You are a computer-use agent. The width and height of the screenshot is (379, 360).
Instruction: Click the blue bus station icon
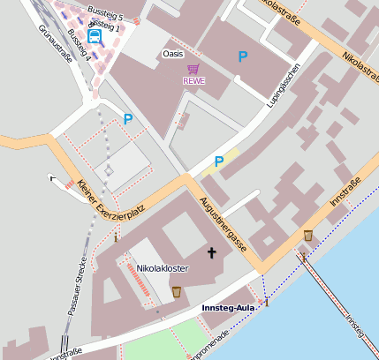(95, 36)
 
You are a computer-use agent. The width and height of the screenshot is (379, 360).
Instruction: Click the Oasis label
(173, 55)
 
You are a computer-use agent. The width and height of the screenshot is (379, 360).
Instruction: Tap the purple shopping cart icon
(193, 69)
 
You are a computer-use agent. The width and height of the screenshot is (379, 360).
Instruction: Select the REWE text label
(193, 81)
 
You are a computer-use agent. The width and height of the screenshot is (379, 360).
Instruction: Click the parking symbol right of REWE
(243, 56)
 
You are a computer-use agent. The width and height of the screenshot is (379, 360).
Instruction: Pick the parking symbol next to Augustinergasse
(219, 161)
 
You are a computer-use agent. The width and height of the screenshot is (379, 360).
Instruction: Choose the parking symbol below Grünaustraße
(128, 119)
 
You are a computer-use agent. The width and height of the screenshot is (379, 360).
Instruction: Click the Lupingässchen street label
(284, 86)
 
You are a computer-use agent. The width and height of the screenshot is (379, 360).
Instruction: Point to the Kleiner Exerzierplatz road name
(110, 201)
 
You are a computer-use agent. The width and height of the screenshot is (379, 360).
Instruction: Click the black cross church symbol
(211, 253)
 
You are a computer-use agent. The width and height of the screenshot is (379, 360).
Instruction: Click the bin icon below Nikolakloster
(176, 291)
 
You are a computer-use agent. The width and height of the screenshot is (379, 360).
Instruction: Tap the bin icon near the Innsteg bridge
(307, 236)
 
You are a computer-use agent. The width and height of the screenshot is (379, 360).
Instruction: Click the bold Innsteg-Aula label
(228, 307)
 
